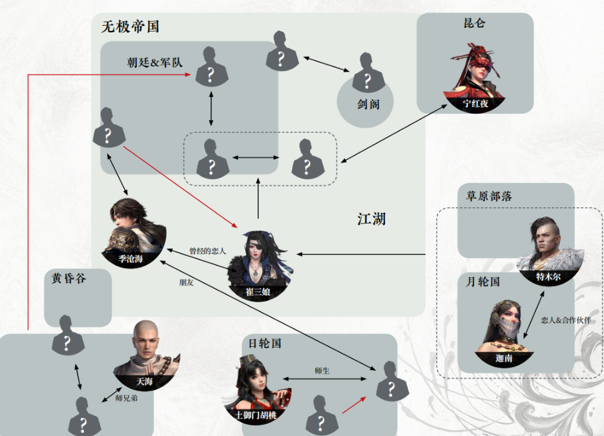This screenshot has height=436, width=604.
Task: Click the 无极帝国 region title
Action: pyautogui.click(x=130, y=26)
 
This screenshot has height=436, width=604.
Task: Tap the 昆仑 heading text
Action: pyautogui.click(x=474, y=23)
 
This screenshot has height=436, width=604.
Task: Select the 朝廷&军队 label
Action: pyautogui.click(x=154, y=63)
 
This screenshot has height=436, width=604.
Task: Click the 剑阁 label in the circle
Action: pyautogui.click(x=368, y=104)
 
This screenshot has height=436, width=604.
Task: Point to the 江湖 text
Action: pyautogui.click(x=371, y=219)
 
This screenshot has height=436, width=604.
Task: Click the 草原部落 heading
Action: pyautogui.click(x=489, y=196)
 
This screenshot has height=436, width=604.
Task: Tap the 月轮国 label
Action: pyautogui.click(x=483, y=282)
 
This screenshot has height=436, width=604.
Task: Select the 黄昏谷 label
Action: pyautogui.click(x=68, y=278)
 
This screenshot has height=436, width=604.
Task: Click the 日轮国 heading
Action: pyautogui.click(x=265, y=343)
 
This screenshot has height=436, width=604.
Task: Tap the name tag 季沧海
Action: pyautogui.click(x=130, y=259)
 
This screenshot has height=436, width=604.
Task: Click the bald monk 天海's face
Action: pyautogui.click(x=145, y=341)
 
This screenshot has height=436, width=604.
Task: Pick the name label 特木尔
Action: pyautogui.click(x=548, y=276)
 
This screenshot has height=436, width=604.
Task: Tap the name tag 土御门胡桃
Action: pyautogui.click(x=256, y=415)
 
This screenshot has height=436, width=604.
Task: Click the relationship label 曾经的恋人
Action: pyautogui.click(x=207, y=251)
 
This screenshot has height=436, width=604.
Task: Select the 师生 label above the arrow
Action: pyautogui.click(x=322, y=371)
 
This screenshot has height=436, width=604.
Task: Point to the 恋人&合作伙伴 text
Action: pyautogui.click(x=565, y=320)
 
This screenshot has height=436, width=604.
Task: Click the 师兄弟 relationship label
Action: pyautogui.click(x=127, y=399)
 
